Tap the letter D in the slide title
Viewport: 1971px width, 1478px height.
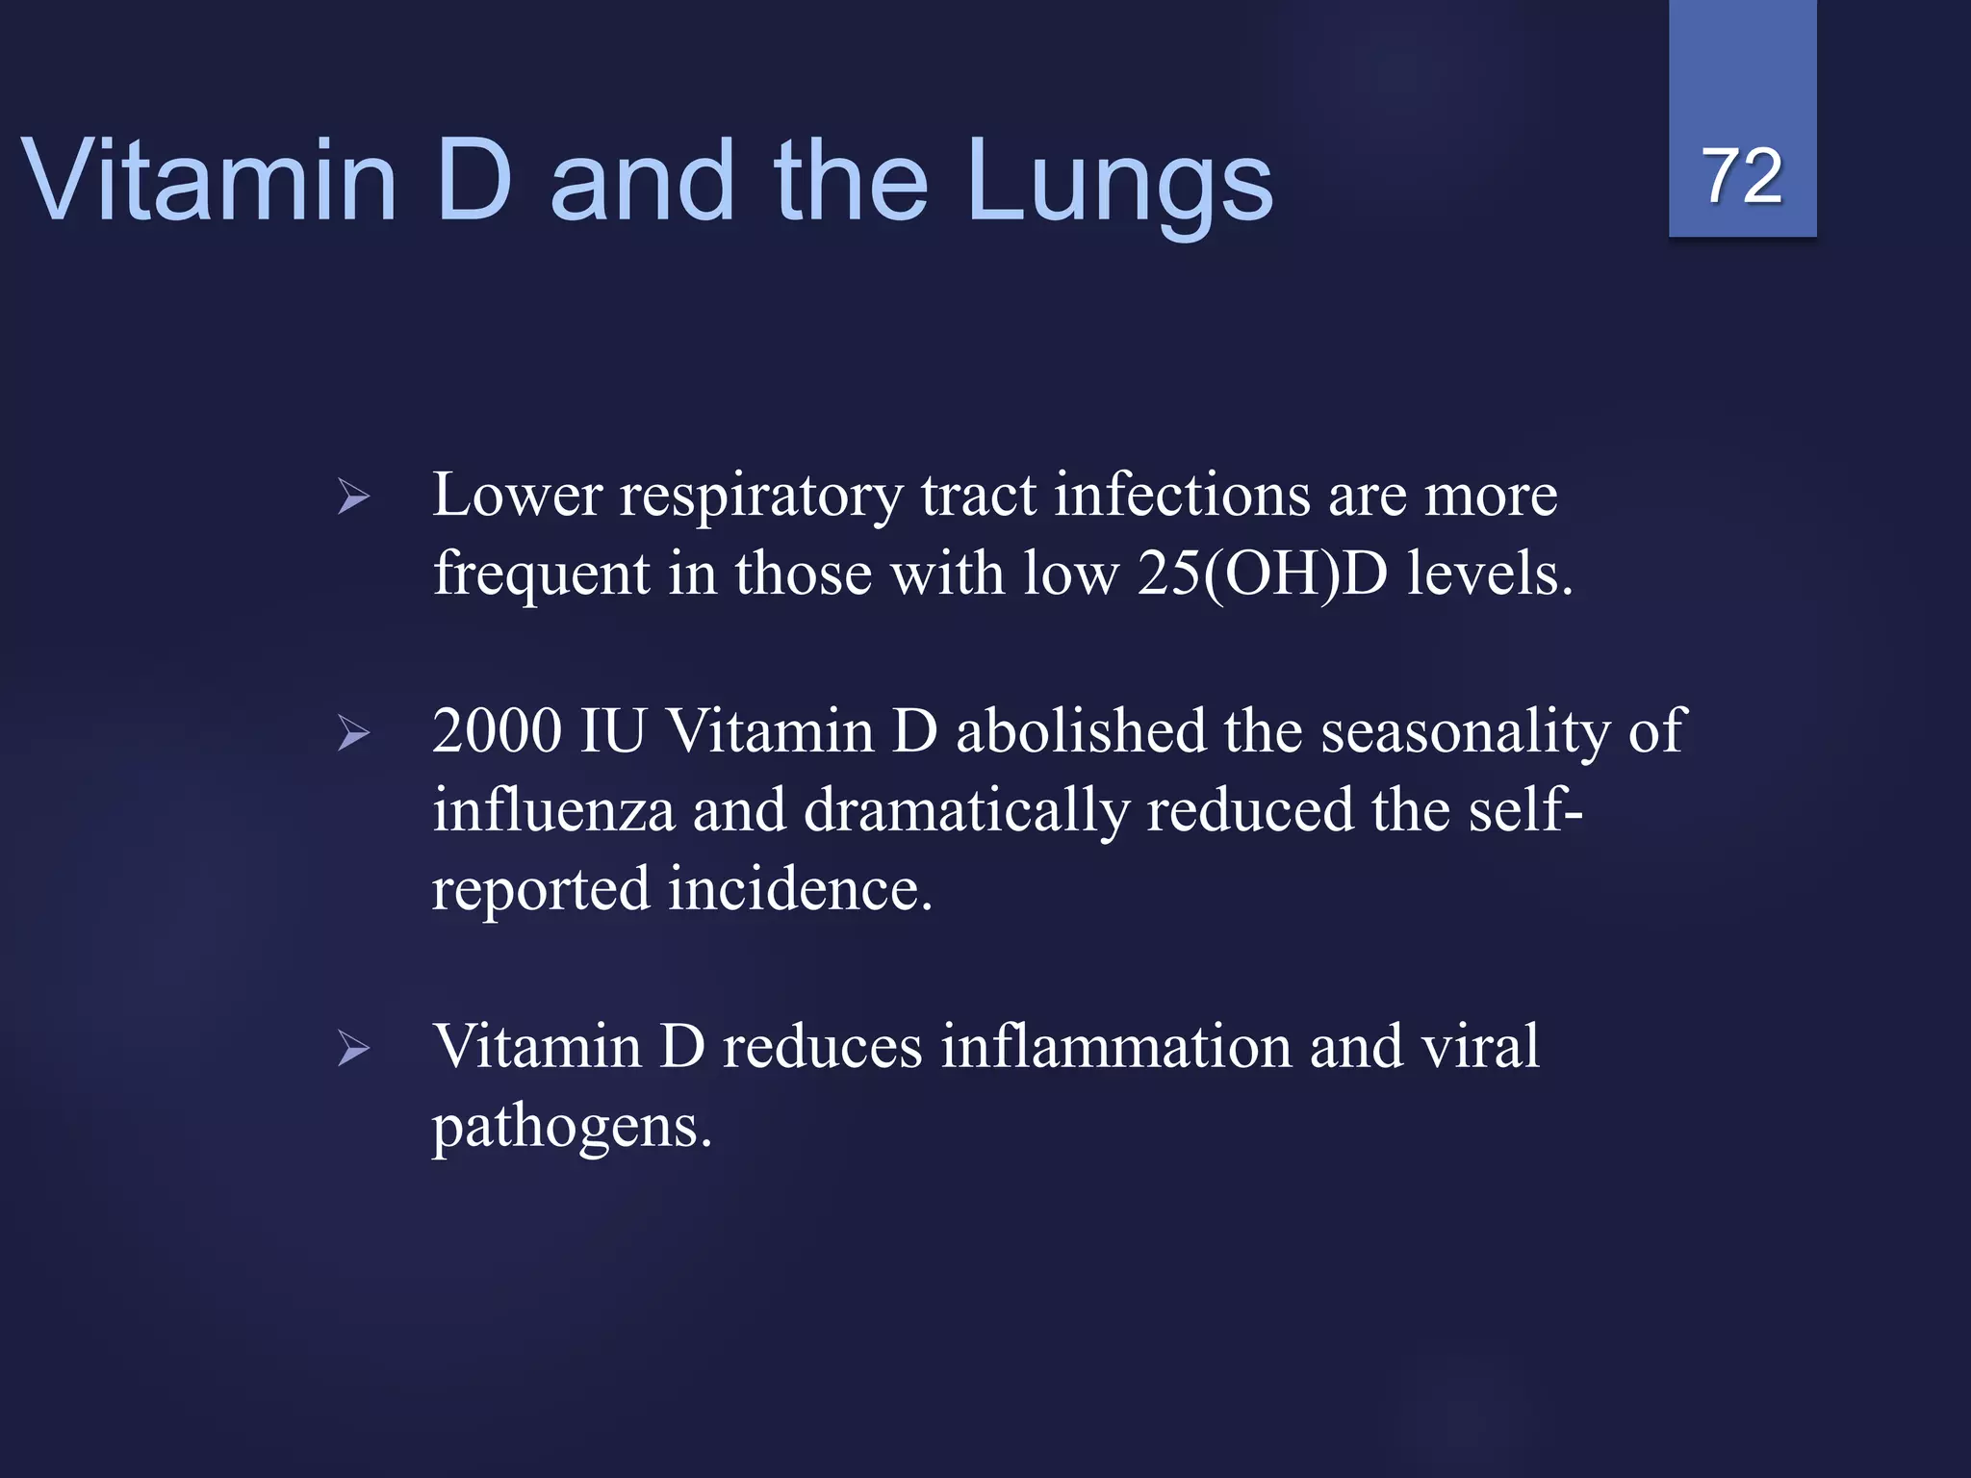pos(474,179)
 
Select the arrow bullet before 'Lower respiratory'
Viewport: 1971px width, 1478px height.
pos(354,497)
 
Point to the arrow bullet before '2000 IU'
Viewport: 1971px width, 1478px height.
pos(354,734)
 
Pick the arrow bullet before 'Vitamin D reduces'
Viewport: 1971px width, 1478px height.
pos(354,1049)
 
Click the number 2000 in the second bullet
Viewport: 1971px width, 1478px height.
pos(497,730)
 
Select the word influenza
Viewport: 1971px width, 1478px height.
pos(553,810)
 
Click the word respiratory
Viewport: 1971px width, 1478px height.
pos(760,497)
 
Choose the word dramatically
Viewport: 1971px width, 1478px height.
pos(965,810)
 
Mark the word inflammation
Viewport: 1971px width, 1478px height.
pos(1115,1046)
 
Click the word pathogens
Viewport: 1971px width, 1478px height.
pos(572,1128)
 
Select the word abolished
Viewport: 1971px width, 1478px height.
pos(1080,730)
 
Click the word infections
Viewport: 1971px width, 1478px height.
pos(1182,496)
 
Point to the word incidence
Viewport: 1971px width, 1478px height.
pos(800,888)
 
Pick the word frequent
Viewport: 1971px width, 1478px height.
pos(542,575)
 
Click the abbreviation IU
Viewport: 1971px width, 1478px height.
pos(612,730)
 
